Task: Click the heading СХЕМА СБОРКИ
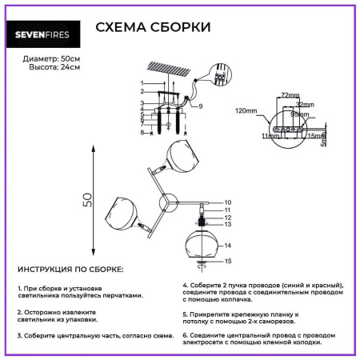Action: pos(153,27)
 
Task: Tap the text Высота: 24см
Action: pos(42,69)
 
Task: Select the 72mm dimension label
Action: pos(290,95)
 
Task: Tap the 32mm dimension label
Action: pos(304,105)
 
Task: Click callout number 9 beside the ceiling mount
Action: pos(202,106)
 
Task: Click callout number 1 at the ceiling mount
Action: pos(142,83)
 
